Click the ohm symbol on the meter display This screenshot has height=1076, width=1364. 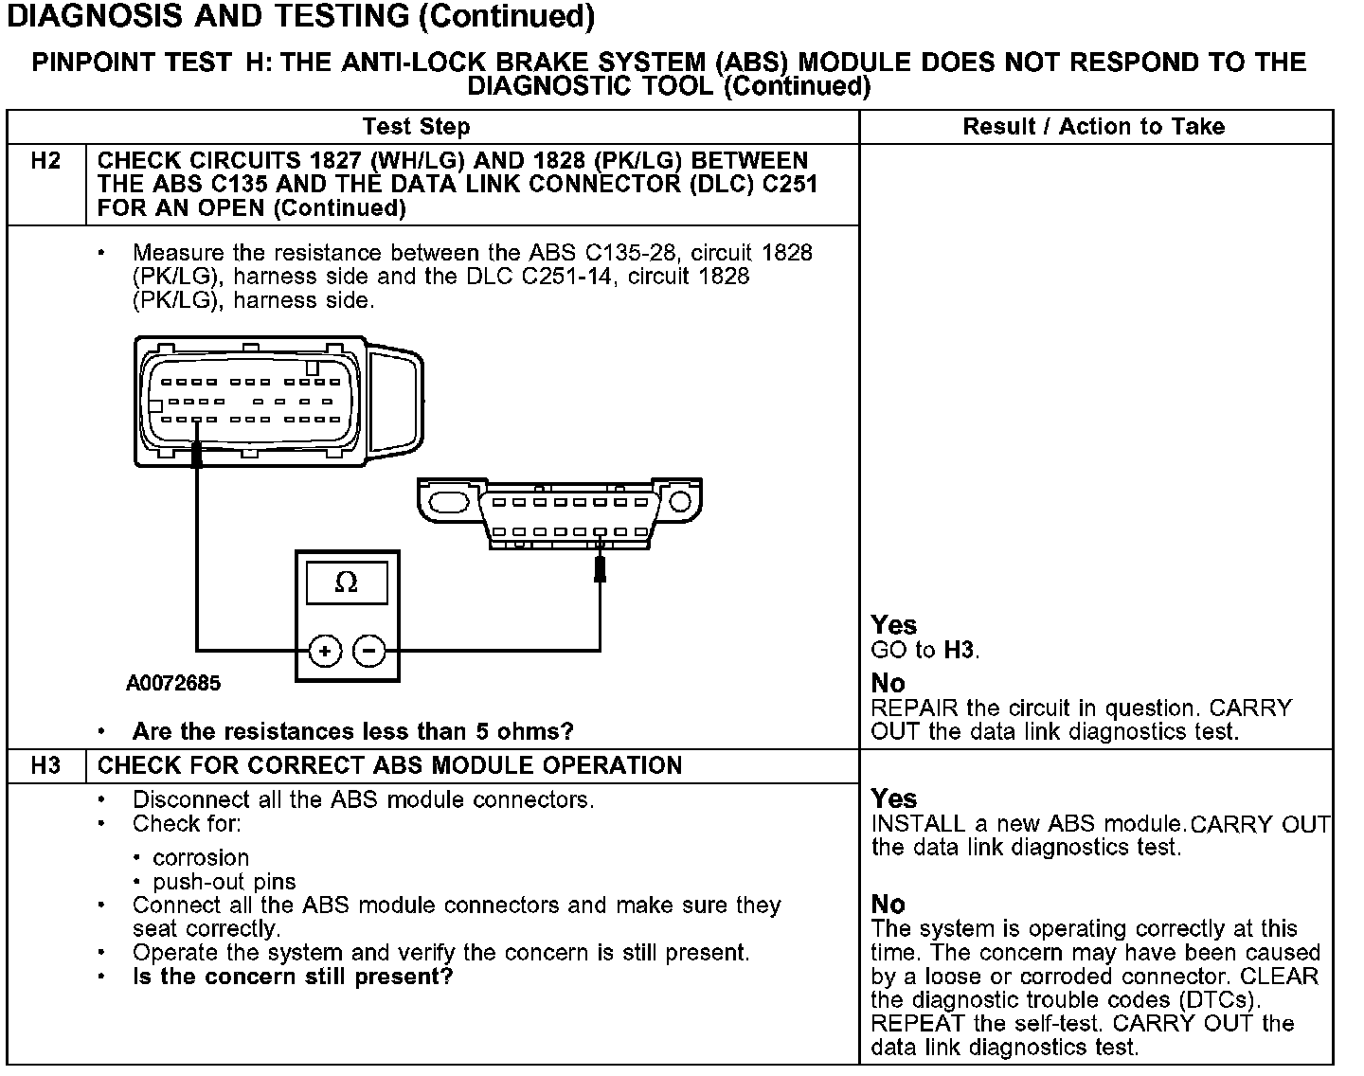pos(347,583)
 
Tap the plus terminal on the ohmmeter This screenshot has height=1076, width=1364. pos(325,651)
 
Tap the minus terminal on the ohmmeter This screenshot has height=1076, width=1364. pos(369,651)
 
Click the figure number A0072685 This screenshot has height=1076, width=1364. pos(173,683)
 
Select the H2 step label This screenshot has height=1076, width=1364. pos(45,161)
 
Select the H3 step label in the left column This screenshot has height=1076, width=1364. pos(45,765)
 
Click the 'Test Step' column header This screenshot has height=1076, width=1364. pos(416,127)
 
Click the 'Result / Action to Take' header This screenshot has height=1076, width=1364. pos(1093,127)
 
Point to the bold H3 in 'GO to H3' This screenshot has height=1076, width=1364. pos(960,651)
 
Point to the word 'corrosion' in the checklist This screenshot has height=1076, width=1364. pos(201,858)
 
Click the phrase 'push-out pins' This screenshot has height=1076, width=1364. pos(224,882)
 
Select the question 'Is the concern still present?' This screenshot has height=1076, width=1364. pos(293,977)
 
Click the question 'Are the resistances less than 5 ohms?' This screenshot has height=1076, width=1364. pos(352,732)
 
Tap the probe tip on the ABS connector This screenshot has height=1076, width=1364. pos(197,457)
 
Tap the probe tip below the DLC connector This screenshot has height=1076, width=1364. pos(600,568)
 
